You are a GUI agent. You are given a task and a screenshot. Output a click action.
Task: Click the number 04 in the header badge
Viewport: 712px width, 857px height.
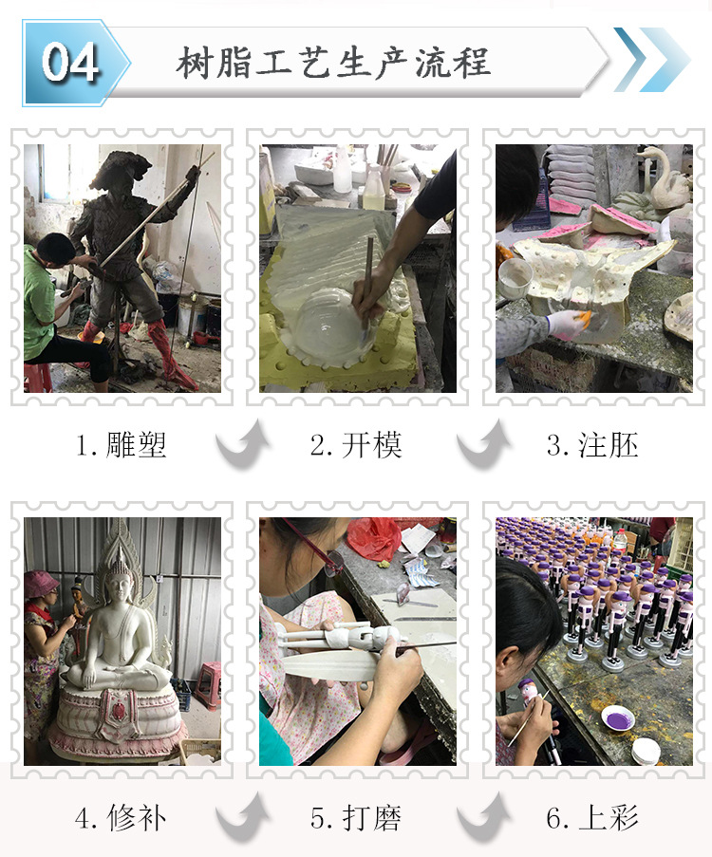70,63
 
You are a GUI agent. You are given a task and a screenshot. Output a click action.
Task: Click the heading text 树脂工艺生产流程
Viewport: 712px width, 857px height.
333,63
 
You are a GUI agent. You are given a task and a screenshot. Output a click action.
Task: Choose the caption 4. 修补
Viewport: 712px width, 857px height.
122,817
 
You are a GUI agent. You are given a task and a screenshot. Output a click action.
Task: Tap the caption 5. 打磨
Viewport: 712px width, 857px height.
356,817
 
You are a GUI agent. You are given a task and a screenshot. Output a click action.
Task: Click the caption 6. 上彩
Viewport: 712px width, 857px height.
592,817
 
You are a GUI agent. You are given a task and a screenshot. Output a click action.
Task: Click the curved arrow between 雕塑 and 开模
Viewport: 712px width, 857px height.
241,446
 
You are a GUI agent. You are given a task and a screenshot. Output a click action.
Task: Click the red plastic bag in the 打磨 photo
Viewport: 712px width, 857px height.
373,538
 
